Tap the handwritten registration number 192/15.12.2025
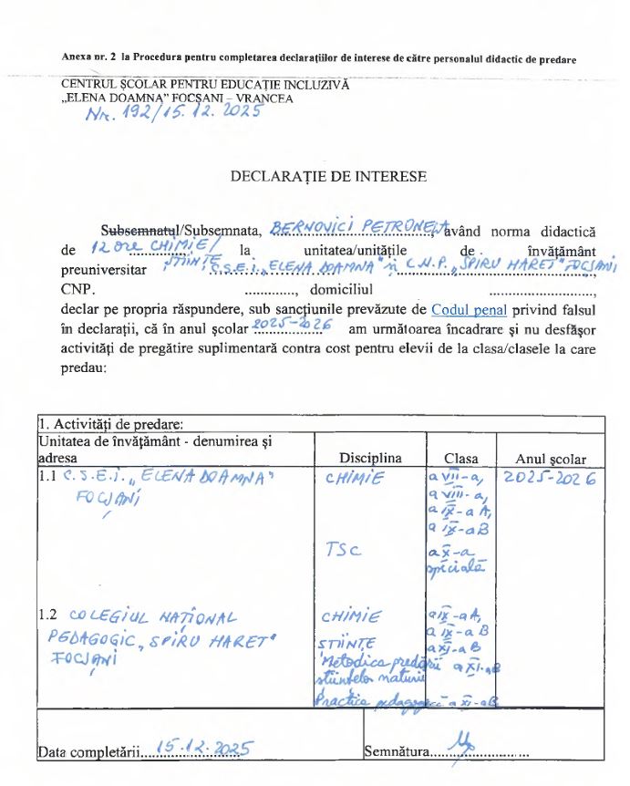coord(172,113)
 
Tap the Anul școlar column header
coord(551,459)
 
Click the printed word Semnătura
coord(395,752)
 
